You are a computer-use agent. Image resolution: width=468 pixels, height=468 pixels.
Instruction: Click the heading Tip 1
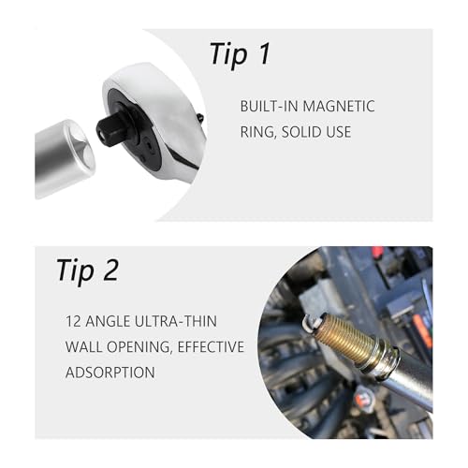click(240, 54)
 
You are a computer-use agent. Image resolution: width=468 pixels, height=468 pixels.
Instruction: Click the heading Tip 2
click(88, 271)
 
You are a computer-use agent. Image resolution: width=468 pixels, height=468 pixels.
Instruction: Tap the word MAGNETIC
click(339, 106)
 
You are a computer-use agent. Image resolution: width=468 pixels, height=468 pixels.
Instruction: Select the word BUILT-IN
click(269, 106)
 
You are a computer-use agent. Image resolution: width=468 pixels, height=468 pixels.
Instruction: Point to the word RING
click(258, 132)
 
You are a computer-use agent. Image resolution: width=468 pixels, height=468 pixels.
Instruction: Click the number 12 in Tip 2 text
click(73, 321)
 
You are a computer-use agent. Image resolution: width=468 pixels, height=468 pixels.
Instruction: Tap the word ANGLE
click(108, 321)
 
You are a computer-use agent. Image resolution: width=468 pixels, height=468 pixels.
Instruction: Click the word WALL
click(83, 347)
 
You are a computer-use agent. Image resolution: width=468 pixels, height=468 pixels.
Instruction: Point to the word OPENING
click(139, 347)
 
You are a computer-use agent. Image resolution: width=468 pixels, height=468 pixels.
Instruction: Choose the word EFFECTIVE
click(211, 347)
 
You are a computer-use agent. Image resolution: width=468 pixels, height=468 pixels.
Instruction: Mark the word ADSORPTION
click(110, 373)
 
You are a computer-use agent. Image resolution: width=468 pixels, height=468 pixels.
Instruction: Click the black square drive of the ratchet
click(110, 130)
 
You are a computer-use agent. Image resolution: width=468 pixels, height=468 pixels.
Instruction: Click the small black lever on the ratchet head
click(200, 118)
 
